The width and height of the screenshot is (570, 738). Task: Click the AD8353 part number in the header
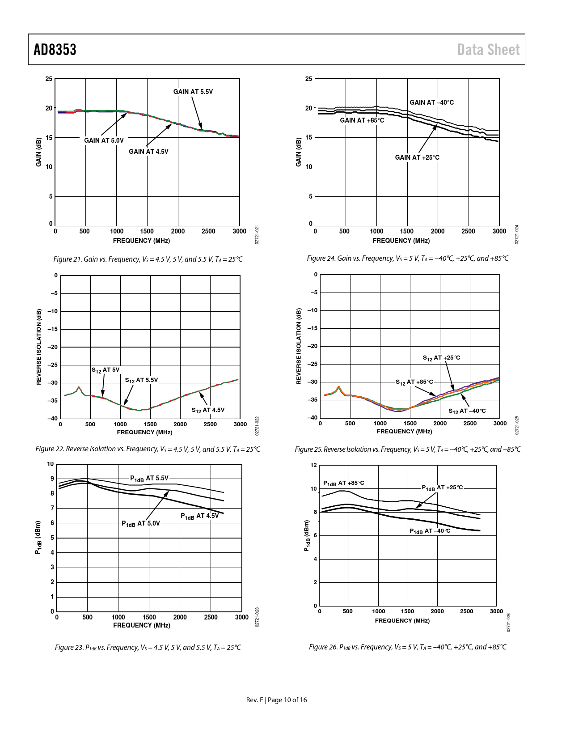(x=55, y=50)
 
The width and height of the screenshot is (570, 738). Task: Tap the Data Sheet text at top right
(x=489, y=50)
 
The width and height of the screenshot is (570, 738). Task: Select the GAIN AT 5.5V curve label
(x=193, y=92)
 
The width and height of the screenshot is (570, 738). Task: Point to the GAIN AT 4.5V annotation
(x=148, y=152)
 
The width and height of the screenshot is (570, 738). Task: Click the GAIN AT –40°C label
(x=431, y=102)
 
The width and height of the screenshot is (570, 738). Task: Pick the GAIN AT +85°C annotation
(x=362, y=120)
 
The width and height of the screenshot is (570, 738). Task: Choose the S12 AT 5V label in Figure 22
(x=106, y=370)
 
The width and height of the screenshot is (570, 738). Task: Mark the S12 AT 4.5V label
(x=208, y=410)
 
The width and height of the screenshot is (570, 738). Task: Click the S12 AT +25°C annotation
(x=441, y=358)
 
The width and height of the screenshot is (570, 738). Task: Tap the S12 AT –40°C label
(x=467, y=411)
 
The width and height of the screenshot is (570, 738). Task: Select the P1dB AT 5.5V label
(x=149, y=479)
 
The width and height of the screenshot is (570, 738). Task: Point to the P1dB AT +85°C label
(x=344, y=483)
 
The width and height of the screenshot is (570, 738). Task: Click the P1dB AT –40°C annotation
(x=430, y=531)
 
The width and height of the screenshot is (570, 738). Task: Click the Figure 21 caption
(x=148, y=259)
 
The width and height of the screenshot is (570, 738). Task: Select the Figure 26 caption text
(x=407, y=647)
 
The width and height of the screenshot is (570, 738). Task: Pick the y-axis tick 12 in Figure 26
(x=314, y=465)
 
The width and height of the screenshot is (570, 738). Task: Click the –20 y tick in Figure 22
(x=53, y=347)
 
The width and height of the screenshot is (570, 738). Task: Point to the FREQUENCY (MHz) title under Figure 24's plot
(x=401, y=241)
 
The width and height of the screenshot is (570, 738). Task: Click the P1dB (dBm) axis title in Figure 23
(x=38, y=538)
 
